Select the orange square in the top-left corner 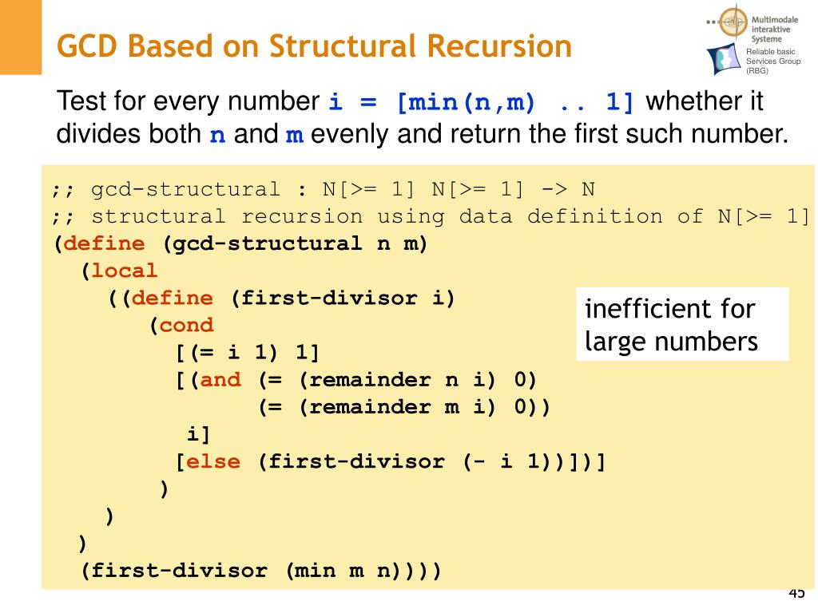[20, 37]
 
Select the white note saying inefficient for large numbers [681, 324]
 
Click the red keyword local [125, 271]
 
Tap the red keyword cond [187, 325]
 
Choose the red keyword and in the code [220, 379]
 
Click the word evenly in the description [349, 134]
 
